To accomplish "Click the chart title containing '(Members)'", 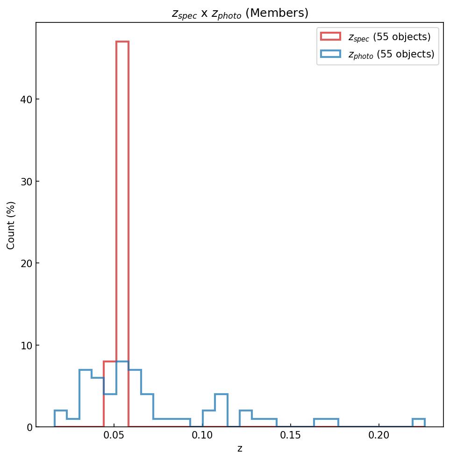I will pyautogui.click(x=240, y=14).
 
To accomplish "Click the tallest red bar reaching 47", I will pyautogui.click(x=122, y=234).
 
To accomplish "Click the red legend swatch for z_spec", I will pyautogui.click(x=330, y=36).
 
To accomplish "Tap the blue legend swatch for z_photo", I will pyautogui.click(x=330, y=54).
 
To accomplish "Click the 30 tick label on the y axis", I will pyautogui.click(x=26, y=181).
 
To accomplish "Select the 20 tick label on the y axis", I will pyautogui.click(x=26, y=263).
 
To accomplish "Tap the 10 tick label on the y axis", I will pyautogui.click(x=26, y=346).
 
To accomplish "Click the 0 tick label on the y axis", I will pyautogui.click(x=29, y=427).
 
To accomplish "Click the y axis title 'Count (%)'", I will pyautogui.click(x=11, y=225).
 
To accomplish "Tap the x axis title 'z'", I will pyautogui.click(x=240, y=449).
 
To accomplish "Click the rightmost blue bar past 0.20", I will pyautogui.click(x=419, y=423).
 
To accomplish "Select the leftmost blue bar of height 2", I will pyautogui.click(x=61, y=419).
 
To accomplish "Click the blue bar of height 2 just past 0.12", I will pyautogui.click(x=246, y=419).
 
